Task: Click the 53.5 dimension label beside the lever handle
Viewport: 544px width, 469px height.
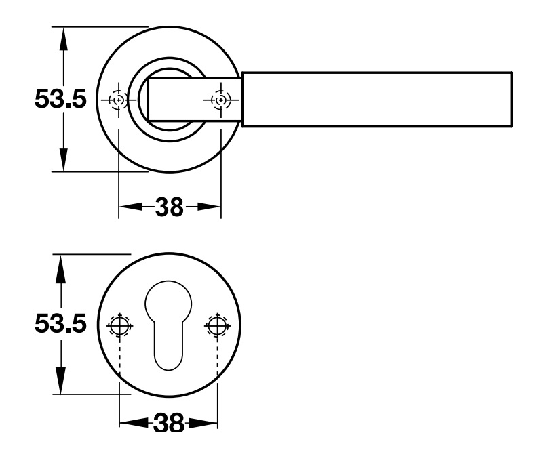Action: click(x=60, y=100)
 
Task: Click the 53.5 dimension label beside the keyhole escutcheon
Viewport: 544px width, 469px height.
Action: click(x=60, y=325)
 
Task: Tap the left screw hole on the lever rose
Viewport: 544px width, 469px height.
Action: click(x=119, y=100)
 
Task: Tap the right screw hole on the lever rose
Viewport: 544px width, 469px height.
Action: click(x=221, y=100)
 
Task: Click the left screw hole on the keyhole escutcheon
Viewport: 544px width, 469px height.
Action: click(x=119, y=326)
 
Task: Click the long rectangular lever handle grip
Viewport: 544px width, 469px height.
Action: click(x=376, y=99)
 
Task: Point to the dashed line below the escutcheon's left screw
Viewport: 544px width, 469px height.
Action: click(x=119, y=363)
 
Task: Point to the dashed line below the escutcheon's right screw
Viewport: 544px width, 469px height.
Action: click(x=217, y=363)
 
